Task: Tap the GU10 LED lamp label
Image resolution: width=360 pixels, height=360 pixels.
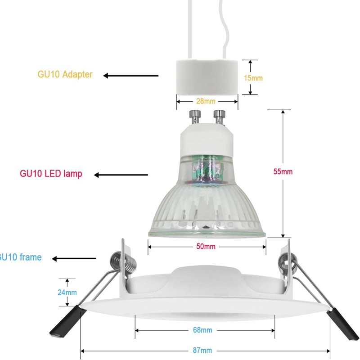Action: coord(51,173)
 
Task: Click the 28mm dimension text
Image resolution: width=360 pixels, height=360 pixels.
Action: coord(207,101)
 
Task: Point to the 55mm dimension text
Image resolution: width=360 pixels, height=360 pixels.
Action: coord(283,171)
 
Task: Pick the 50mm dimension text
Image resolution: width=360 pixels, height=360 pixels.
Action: coord(207,246)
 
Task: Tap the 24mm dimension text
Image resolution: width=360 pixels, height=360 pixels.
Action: coord(67,292)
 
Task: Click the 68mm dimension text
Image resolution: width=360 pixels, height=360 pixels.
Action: coord(202,330)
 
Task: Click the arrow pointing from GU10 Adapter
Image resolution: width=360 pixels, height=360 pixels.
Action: coord(131,76)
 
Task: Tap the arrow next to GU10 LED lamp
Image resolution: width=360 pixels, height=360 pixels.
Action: coord(121,175)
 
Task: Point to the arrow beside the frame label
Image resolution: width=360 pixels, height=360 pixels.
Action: coord(74,258)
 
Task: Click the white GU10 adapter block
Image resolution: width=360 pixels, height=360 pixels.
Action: coord(207,77)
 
